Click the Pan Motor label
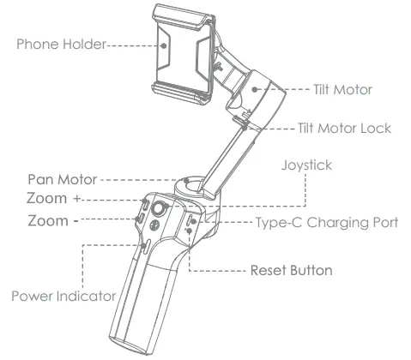60,181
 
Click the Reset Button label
291,270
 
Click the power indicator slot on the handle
146,249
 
